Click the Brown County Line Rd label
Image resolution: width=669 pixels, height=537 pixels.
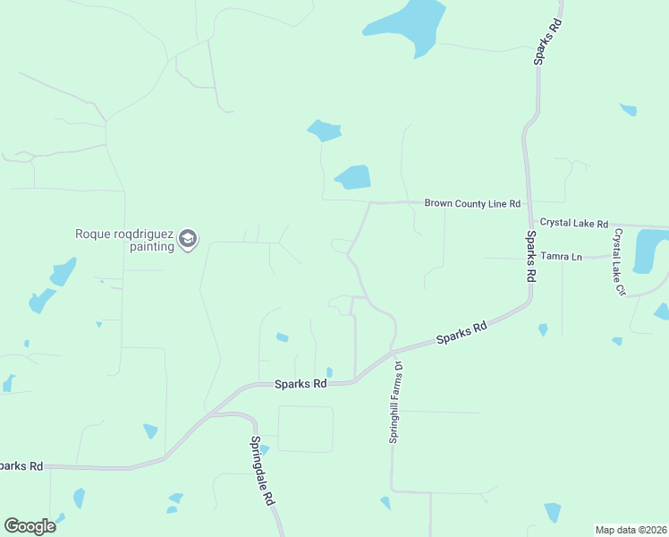[x=471, y=204]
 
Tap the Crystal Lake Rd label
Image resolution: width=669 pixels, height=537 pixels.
[x=574, y=223]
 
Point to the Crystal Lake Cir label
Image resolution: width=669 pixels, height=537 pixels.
[x=618, y=261]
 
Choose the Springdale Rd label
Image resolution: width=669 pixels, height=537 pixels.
[x=262, y=472]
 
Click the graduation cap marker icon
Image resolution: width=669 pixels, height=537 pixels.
[x=188, y=239]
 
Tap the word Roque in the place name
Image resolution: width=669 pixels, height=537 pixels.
[x=91, y=234]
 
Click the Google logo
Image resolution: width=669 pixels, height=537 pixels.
[x=30, y=526]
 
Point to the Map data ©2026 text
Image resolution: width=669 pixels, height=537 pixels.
[x=630, y=529]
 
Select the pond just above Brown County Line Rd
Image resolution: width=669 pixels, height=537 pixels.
[x=352, y=177]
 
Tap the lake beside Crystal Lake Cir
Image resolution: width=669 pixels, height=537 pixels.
[x=649, y=250]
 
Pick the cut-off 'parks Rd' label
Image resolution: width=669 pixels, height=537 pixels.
[x=20, y=466]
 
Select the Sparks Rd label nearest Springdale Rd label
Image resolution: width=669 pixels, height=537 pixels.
[x=301, y=383]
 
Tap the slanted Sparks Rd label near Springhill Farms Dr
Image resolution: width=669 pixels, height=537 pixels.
[x=462, y=334]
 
